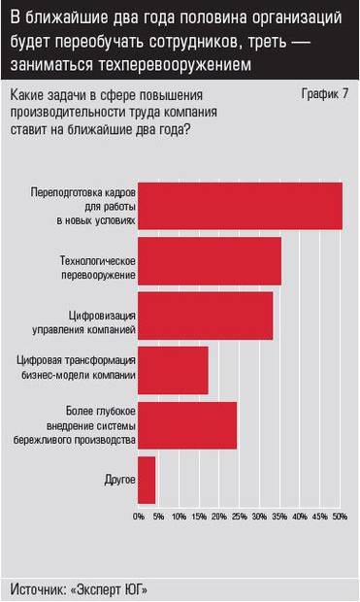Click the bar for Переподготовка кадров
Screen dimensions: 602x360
click(240, 206)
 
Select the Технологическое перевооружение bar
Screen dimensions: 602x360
click(210, 260)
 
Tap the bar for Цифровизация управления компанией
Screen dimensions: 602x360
click(206, 316)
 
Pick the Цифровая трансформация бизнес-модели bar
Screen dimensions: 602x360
click(174, 370)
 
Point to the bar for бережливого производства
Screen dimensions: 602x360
click(187, 425)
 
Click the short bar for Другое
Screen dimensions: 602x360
click(147, 480)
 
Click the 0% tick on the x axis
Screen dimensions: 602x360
click(139, 516)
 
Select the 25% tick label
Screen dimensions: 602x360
click(239, 516)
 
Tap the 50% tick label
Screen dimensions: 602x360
click(340, 516)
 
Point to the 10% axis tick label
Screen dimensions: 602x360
click(179, 516)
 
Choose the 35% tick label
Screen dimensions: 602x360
click(279, 516)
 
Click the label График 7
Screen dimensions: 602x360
click(325, 94)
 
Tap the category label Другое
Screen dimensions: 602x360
click(118, 480)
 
